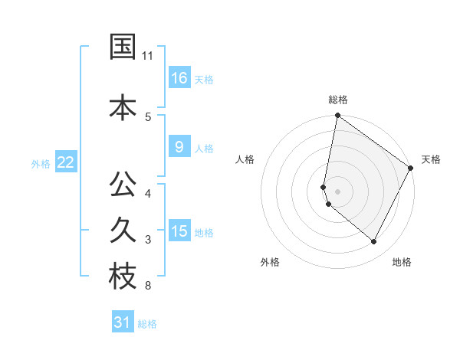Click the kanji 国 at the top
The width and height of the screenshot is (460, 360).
coord(123,47)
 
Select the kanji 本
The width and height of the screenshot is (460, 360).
coord(123,107)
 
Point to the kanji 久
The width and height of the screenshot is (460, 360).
coord(123,231)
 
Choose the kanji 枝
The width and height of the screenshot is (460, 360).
coord(123,277)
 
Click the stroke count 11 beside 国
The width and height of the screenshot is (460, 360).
coord(148,56)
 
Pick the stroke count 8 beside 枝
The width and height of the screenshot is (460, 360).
coord(147,286)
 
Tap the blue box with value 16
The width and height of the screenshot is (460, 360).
coord(179,78)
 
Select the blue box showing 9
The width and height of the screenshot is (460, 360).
coord(179,147)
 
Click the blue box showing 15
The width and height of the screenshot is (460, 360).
coord(179,231)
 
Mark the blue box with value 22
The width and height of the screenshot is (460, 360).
coord(66,162)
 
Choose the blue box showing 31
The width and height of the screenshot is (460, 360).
coord(123,322)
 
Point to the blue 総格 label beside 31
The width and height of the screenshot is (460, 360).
coord(147,324)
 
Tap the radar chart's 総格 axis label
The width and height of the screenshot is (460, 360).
coord(338,100)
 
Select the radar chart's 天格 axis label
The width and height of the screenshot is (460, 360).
coord(431,159)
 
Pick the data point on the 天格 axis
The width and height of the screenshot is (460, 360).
coord(411,168)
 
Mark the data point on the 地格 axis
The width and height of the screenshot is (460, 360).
coord(374,242)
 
